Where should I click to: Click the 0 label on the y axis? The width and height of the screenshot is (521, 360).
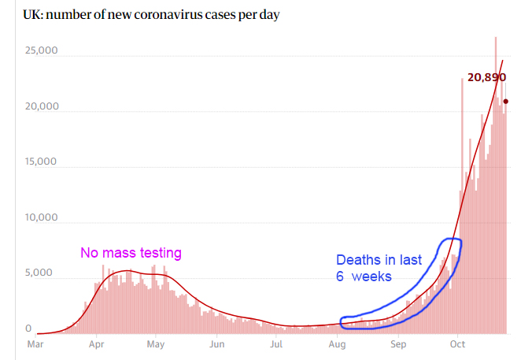(x=30, y=328)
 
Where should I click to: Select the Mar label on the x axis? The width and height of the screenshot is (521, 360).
(x=35, y=344)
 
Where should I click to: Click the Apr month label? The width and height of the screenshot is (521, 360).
(x=96, y=344)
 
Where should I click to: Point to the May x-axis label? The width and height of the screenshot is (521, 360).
(x=156, y=344)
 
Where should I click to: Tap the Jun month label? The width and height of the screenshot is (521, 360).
(x=217, y=344)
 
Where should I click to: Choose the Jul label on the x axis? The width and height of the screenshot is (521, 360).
(x=276, y=344)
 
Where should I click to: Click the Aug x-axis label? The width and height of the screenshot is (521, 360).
(x=338, y=344)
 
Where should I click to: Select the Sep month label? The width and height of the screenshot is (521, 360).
(x=399, y=344)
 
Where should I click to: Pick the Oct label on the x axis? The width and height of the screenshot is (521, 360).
(x=458, y=344)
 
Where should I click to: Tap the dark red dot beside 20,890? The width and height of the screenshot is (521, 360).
(x=506, y=101)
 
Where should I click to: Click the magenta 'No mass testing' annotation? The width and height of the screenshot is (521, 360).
(x=131, y=253)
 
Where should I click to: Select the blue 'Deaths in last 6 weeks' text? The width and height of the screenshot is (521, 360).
(x=379, y=268)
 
